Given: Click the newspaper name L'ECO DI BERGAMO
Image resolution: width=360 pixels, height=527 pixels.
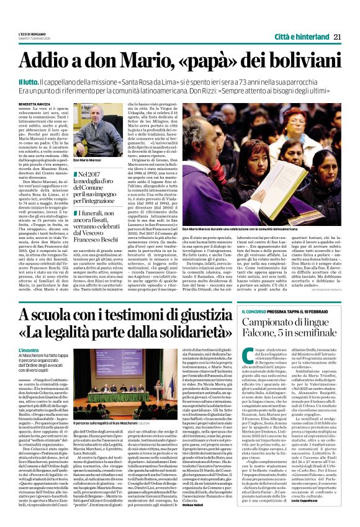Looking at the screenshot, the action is tap(32, 34).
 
